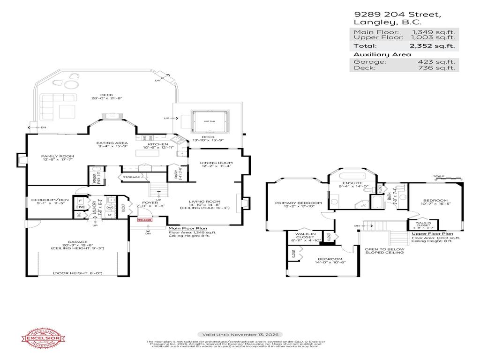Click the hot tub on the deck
click(x=210, y=121)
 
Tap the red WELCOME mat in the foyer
click(x=145, y=219)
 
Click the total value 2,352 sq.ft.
click(x=433, y=46)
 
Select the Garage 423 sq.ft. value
click(x=433, y=61)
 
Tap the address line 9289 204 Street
click(x=397, y=15)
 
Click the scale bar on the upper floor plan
click(x=449, y=179)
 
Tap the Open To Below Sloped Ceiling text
click(x=384, y=250)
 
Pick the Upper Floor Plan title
click(x=432, y=233)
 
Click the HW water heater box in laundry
click(x=80, y=207)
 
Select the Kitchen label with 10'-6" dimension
click(x=158, y=146)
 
